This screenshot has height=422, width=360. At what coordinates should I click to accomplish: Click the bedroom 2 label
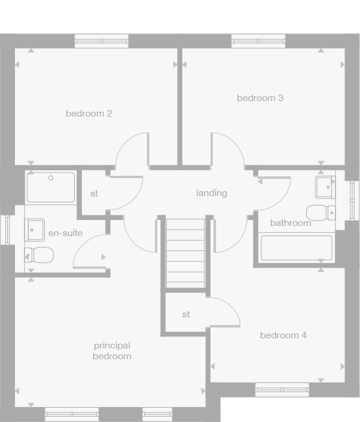point(89,113)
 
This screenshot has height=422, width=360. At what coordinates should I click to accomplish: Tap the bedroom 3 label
point(260,97)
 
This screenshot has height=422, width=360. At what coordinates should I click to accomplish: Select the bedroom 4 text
point(283,335)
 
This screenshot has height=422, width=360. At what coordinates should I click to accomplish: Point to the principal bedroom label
point(112,351)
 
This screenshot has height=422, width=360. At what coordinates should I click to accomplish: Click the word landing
point(212,192)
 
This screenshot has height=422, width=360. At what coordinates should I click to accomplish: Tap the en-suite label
point(65,233)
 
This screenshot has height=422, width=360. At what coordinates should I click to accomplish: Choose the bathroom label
point(291,223)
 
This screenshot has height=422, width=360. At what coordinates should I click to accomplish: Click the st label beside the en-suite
point(94,193)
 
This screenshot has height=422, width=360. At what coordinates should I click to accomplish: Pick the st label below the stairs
point(186,314)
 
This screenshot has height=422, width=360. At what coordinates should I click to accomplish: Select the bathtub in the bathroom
point(297,248)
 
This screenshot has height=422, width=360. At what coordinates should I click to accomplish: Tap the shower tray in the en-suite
point(51,187)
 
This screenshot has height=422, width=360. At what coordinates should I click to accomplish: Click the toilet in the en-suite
point(39,255)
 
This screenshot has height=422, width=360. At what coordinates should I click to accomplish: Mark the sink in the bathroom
point(325,186)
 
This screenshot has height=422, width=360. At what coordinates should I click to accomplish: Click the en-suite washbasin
point(35,228)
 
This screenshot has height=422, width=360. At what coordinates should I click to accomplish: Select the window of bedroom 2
point(101,41)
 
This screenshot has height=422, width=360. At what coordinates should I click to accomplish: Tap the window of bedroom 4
point(282,390)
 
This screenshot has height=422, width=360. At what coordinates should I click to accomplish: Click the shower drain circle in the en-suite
point(51,178)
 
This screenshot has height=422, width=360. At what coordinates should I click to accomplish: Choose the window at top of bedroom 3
point(258,41)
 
